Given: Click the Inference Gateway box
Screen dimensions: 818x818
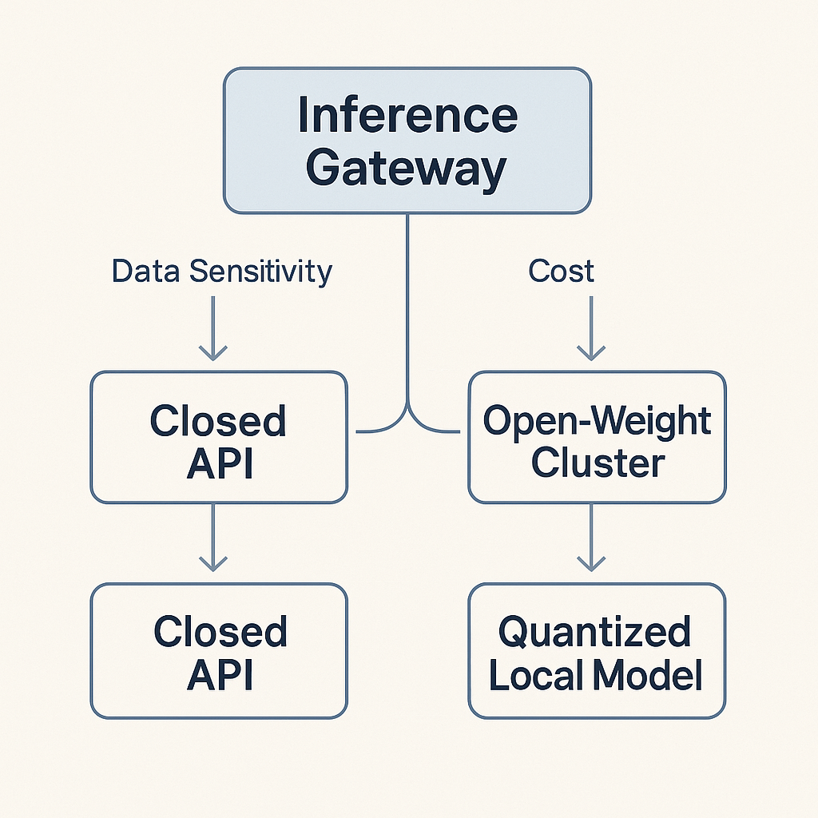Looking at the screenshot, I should (x=407, y=141).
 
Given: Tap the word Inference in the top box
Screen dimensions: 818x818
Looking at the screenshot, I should (x=407, y=117).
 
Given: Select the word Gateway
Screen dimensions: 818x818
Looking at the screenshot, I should (x=407, y=168).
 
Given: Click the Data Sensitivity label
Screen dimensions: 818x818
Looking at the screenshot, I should (x=221, y=272).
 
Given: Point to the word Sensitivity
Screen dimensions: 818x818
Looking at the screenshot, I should (x=260, y=272).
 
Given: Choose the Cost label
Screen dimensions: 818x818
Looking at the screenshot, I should (x=562, y=272).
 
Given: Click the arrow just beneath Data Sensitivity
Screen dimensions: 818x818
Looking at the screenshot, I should (x=212, y=328).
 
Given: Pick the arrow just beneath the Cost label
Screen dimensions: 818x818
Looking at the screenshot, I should (x=590, y=328).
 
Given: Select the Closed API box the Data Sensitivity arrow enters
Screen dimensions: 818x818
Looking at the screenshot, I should (x=219, y=438).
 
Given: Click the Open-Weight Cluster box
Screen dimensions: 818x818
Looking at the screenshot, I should (x=597, y=438).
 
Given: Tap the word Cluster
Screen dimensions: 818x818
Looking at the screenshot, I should (x=598, y=463).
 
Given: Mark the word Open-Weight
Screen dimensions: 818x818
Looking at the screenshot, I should (x=598, y=421).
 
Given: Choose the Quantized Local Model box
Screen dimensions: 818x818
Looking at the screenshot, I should (x=597, y=650).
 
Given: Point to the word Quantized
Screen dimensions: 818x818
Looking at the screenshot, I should (x=595, y=632).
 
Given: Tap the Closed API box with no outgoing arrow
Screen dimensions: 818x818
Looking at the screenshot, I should (x=219, y=650).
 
